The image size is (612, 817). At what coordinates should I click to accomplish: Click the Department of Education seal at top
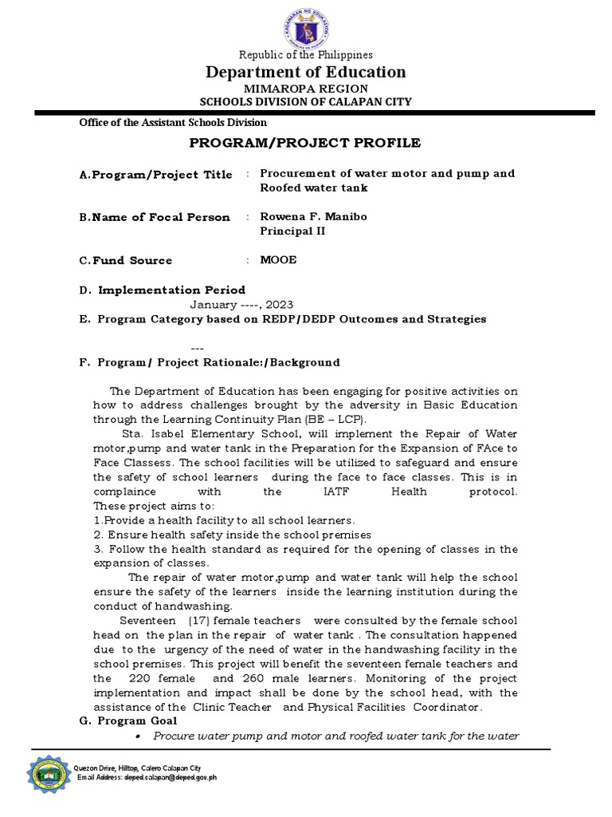click(306, 30)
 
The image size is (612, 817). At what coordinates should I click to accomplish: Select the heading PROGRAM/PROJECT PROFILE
click(306, 143)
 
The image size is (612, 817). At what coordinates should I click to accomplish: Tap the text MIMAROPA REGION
click(306, 88)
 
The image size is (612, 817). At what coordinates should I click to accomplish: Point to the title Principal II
click(292, 231)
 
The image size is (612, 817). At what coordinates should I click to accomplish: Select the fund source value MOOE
click(279, 260)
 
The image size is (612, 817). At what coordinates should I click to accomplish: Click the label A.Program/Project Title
click(155, 174)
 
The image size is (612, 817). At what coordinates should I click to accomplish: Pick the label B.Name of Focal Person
click(154, 217)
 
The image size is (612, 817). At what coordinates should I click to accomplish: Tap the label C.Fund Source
click(125, 260)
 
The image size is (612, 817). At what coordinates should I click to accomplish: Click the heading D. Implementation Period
click(162, 290)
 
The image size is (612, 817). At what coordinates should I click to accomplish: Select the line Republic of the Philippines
click(306, 55)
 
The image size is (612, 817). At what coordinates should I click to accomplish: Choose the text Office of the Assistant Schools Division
click(172, 123)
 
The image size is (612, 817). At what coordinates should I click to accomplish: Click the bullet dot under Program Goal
click(139, 736)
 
